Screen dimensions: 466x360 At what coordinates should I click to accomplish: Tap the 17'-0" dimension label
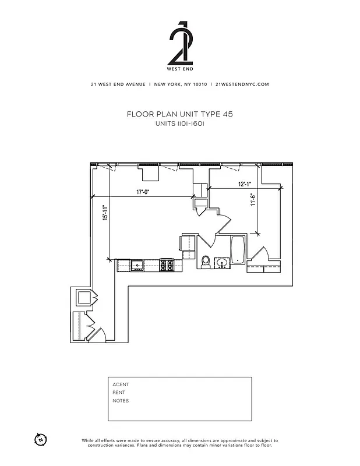pos(144,192)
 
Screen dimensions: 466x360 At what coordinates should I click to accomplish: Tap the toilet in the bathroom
pos(206,262)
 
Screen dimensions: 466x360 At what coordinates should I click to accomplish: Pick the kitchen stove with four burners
pos(167,266)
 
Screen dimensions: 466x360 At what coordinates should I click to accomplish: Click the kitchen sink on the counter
pos(138,266)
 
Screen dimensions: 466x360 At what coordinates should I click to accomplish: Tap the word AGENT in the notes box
pos(121,384)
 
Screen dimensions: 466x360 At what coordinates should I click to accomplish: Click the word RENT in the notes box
pos(119,393)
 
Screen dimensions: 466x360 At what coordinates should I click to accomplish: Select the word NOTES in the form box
pos(121,401)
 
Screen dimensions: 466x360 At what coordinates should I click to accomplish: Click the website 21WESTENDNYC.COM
pos(242,84)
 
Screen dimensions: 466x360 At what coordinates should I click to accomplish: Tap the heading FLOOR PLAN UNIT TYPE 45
pos(179,115)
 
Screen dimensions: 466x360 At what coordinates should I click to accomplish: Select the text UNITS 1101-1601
pos(179,124)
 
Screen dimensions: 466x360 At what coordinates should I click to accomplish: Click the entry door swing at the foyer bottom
pos(98,334)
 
